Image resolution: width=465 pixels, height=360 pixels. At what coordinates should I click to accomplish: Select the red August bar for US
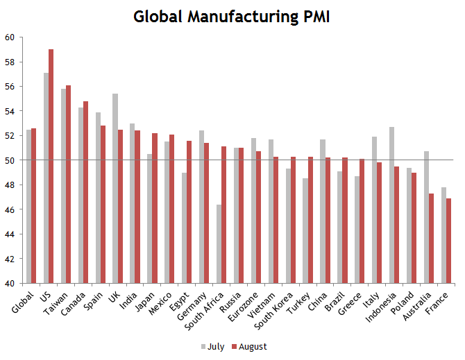(x=51, y=166)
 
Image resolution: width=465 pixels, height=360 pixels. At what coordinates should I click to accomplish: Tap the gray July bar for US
(x=46, y=178)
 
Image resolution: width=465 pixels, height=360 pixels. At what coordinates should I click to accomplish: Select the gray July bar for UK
(x=115, y=188)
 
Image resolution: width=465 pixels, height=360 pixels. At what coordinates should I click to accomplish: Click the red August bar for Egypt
(x=189, y=212)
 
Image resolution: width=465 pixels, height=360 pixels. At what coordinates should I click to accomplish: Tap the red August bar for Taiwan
(x=68, y=184)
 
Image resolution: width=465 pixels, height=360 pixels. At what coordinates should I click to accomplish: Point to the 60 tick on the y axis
(x=13, y=37)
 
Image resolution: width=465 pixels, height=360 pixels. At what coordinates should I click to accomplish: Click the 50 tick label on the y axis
(x=13, y=160)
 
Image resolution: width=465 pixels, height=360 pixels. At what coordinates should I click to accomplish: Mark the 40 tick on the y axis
(x=13, y=283)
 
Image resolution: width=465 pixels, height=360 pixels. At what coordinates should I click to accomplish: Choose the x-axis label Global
(x=24, y=300)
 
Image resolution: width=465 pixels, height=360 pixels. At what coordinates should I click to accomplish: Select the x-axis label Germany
(x=197, y=302)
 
